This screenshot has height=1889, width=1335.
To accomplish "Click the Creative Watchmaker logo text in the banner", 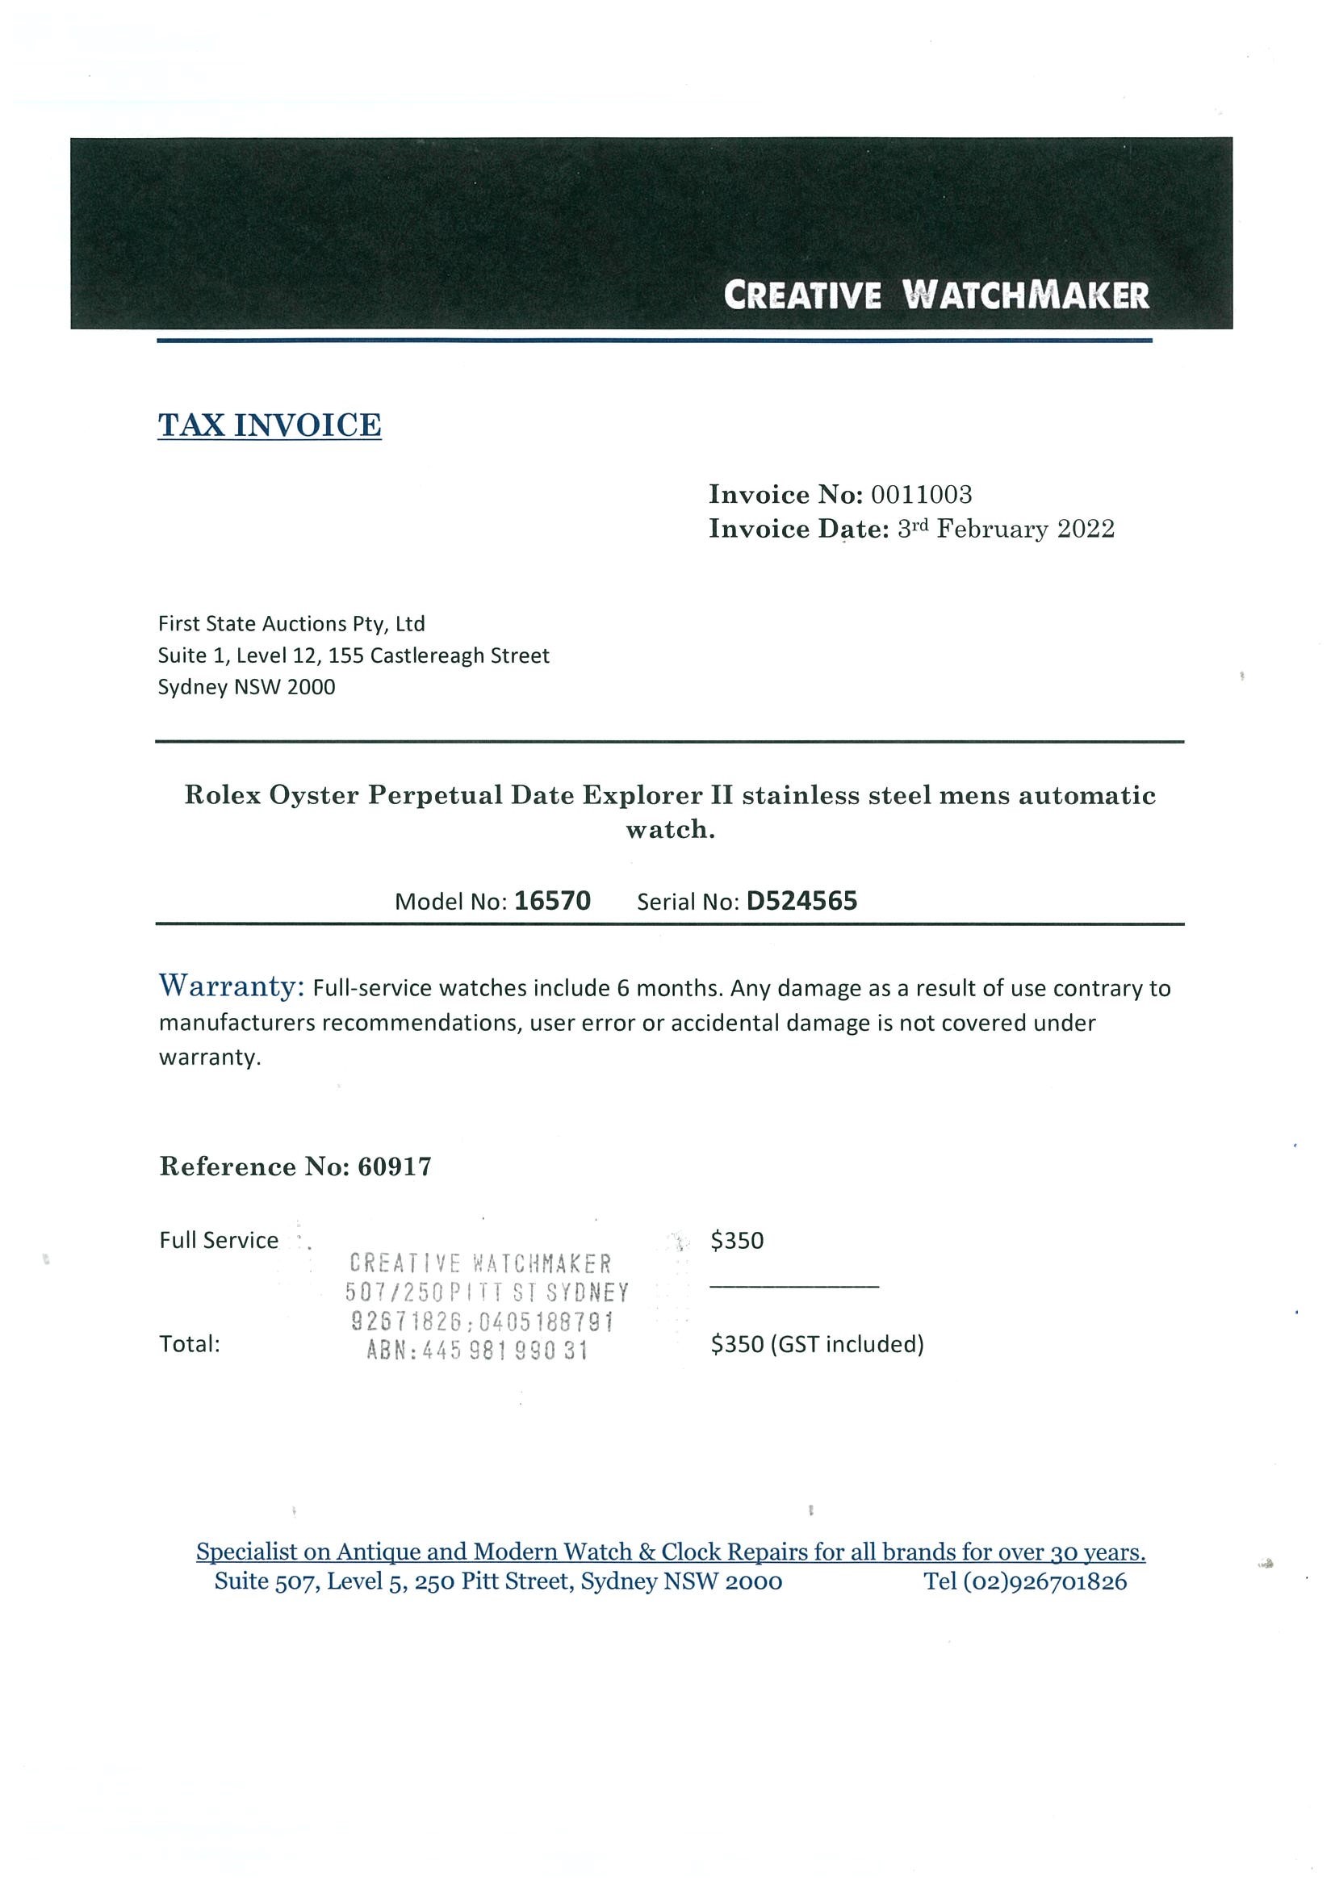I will (x=936, y=295).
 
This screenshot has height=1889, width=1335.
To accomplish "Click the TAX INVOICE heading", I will (x=269, y=425).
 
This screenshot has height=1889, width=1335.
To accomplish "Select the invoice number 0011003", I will (x=921, y=495).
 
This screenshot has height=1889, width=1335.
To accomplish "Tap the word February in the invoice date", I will (x=993, y=529).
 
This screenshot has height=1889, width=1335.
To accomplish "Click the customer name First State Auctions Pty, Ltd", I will (x=291, y=624).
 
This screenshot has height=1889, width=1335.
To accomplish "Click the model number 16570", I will (x=552, y=901).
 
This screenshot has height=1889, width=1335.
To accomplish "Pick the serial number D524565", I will (x=801, y=901).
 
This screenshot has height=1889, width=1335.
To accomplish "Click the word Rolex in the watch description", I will (x=221, y=796).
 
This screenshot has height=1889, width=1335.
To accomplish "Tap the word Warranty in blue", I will (x=232, y=986).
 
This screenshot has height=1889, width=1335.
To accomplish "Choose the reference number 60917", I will (x=394, y=1166).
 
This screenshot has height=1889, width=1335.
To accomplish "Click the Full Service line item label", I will (x=219, y=1241).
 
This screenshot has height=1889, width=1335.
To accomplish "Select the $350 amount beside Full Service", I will (x=737, y=1241).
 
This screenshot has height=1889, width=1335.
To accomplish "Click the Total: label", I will (x=190, y=1344).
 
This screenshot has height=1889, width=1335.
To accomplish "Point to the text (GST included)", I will (x=847, y=1344).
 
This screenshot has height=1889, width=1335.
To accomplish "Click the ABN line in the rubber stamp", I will (x=477, y=1351).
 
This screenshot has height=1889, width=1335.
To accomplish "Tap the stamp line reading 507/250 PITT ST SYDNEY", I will (x=487, y=1292).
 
